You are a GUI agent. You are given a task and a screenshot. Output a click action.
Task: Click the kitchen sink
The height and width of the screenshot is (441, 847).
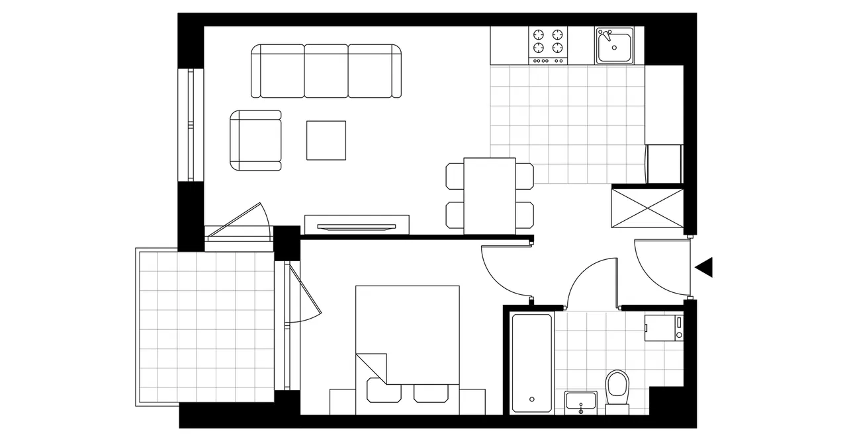[614, 45]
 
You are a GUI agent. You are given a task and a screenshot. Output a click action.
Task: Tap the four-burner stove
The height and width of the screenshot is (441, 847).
[548, 41]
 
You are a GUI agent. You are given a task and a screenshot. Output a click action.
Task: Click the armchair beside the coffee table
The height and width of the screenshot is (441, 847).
[256, 140]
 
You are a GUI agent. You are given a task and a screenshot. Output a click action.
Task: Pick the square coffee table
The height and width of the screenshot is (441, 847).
[326, 140]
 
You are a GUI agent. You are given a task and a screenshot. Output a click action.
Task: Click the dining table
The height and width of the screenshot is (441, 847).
[490, 196]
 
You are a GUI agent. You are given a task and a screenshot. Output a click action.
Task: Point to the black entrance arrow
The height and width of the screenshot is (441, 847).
[704, 267]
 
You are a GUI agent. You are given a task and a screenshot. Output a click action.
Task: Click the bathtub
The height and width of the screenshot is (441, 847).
[531, 363]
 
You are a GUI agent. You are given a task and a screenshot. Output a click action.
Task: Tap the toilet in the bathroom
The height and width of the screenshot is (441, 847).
[617, 389]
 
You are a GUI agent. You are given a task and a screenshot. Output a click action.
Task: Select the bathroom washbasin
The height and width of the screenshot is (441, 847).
[581, 402]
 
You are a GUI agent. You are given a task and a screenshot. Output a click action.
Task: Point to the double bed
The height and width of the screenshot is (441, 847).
[407, 337]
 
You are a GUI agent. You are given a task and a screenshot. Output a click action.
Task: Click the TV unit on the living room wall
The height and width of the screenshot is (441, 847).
[357, 225]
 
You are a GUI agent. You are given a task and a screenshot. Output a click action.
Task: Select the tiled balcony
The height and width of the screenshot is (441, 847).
[205, 327]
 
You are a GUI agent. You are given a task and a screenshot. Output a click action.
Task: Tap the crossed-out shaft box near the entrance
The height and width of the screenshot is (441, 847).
[646, 207]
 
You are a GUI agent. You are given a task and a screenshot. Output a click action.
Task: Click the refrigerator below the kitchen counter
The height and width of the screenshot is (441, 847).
[664, 163]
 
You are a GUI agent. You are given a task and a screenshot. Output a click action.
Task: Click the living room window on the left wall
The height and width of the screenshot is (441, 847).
[191, 124]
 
